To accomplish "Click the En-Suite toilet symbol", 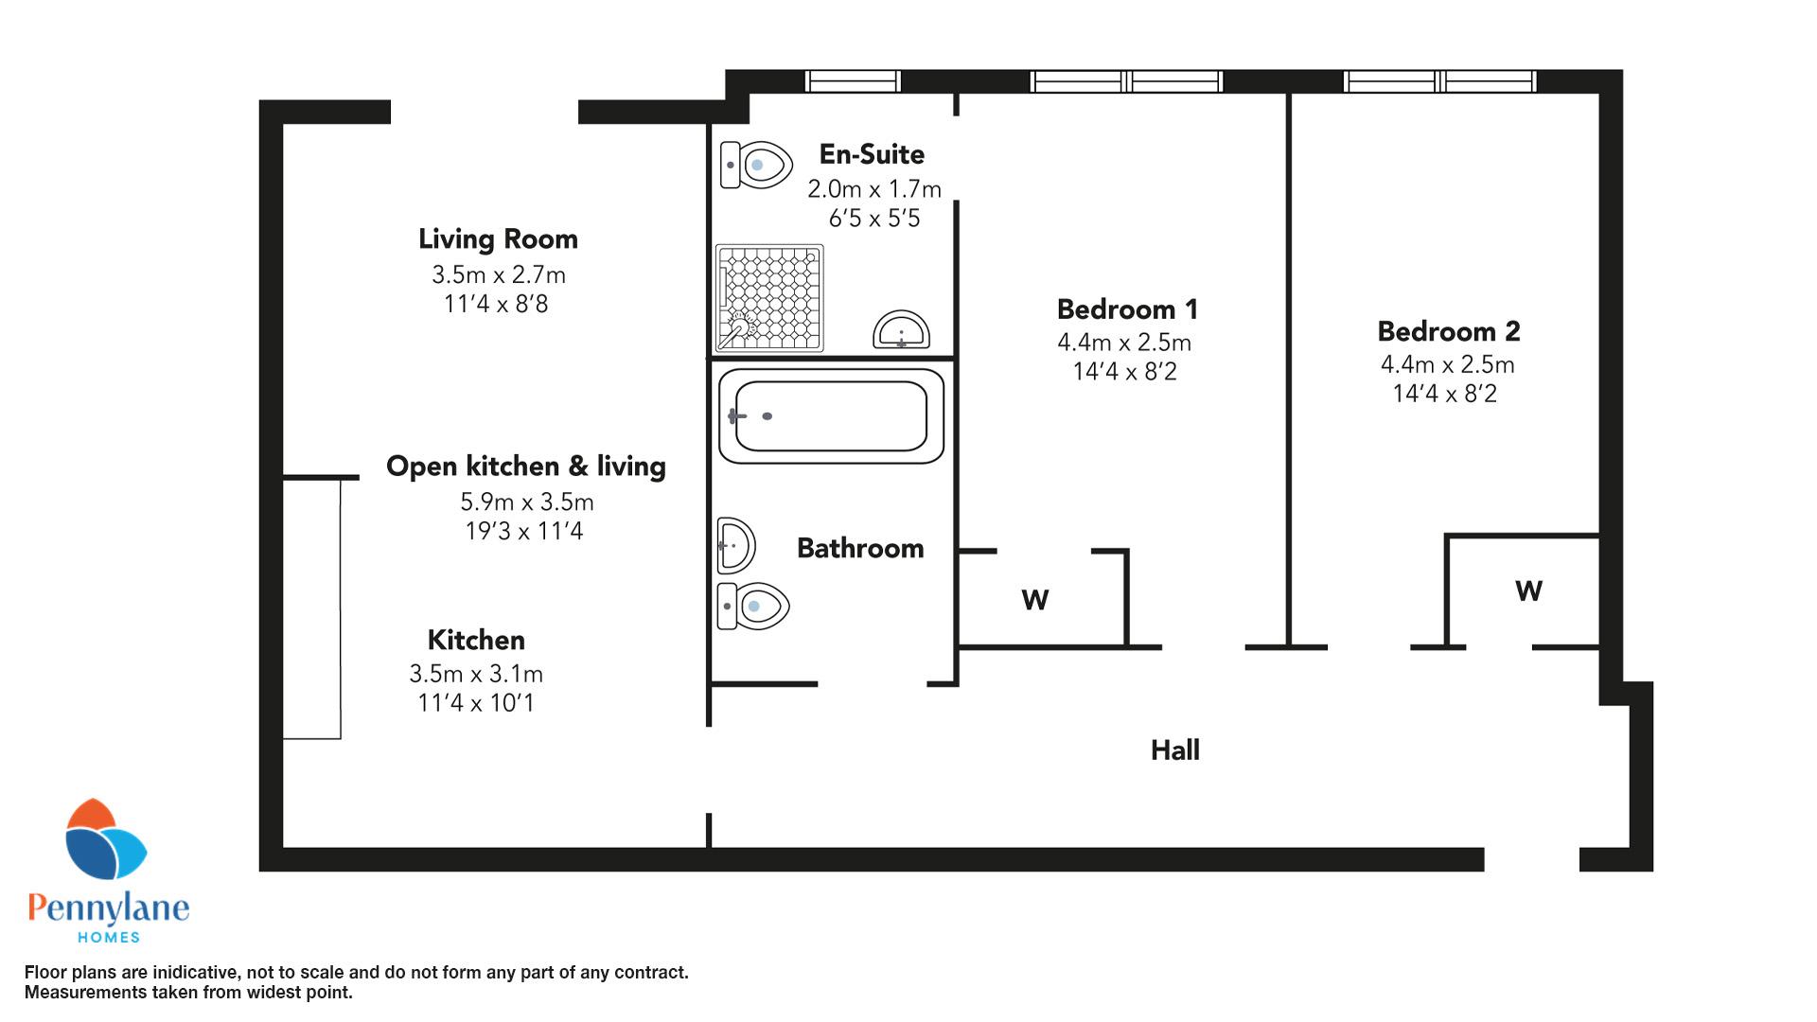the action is pos(756,166).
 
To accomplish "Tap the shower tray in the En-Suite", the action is pos(769,298).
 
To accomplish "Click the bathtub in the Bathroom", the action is pos(831,416).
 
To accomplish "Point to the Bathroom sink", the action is pos(735,545).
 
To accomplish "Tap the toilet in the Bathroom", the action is pos(754,606).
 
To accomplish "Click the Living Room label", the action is pos(498,239).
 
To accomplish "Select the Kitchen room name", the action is pos(476,640).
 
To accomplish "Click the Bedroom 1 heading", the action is pos(1127,309).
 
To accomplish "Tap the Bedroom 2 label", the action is pos(1449,331).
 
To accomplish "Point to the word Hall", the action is pos(1175,750).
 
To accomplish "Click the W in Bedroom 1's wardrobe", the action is pos(1035,600).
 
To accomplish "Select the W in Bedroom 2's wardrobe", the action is pos(1529,591).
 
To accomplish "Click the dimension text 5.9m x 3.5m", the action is pos(528,502).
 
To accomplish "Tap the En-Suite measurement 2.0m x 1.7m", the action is pos(874,189).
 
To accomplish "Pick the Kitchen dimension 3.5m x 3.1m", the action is pos(476,674).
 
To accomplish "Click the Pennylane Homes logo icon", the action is pos(105,840).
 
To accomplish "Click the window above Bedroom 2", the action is pos(1439,81).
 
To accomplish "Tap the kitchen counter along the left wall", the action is pos(311,608).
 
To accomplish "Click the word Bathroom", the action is pos(860,549).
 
